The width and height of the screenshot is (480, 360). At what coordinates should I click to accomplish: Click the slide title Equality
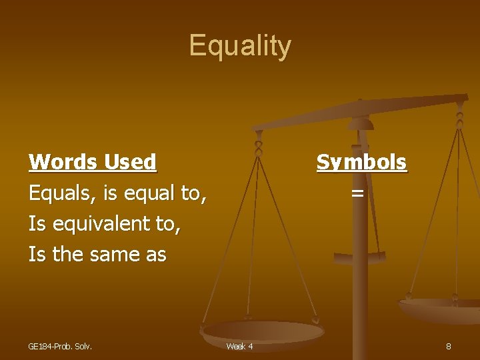[240, 46]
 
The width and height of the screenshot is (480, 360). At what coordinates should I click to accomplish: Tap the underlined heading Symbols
[361, 162]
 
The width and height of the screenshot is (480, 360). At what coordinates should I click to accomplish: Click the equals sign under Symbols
[357, 193]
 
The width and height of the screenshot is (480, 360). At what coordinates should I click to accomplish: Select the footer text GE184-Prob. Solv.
[60, 346]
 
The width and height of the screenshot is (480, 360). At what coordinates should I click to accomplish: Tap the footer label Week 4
[239, 346]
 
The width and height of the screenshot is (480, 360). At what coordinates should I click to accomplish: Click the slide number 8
[448, 346]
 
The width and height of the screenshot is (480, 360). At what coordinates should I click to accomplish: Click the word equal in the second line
[148, 193]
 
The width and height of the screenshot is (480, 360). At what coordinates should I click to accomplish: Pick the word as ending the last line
[154, 254]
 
